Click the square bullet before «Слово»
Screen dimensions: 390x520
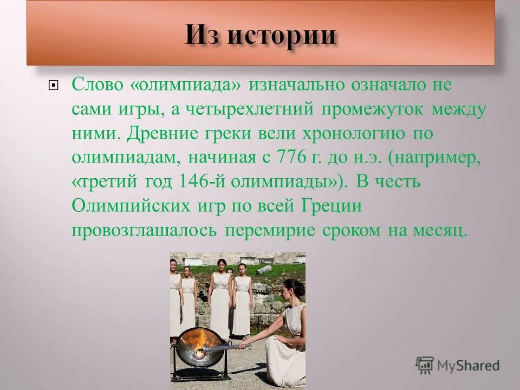[53, 85]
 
